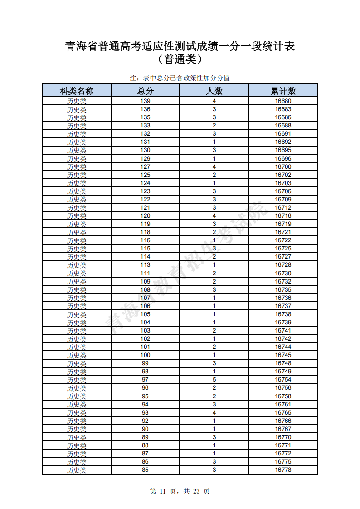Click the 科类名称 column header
(76, 91)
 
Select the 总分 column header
(145, 91)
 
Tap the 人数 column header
(214, 91)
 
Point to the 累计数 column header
(283, 91)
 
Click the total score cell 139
(145, 101)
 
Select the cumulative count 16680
(283, 101)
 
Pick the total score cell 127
(145, 166)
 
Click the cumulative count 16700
(283, 166)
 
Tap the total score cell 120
(145, 215)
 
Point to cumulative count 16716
(283, 215)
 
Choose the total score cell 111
(145, 273)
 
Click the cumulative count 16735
(283, 289)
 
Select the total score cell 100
(145, 355)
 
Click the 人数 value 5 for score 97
(214, 379)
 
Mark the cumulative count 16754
(283, 379)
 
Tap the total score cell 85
(145, 470)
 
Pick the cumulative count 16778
(283, 470)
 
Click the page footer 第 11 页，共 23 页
(180, 491)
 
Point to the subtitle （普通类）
(180, 59)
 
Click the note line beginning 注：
(180, 78)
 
